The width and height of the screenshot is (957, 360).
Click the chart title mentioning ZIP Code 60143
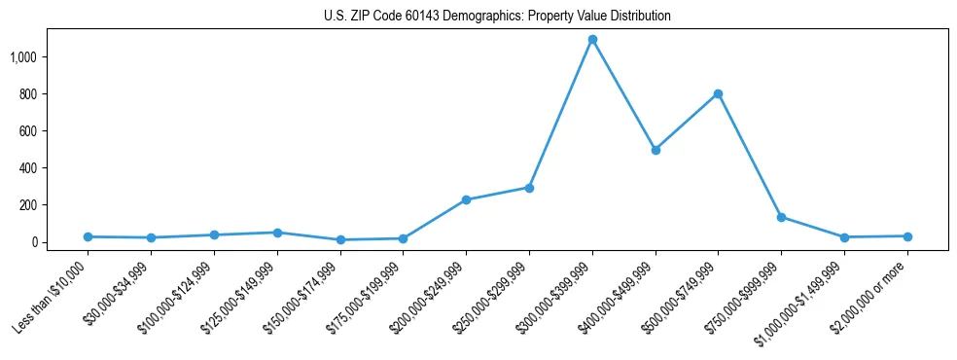pyautogui.click(x=497, y=17)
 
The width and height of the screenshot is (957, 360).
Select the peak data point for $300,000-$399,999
pyautogui.click(x=592, y=40)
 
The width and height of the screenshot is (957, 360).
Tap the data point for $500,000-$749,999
pyautogui.click(x=718, y=94)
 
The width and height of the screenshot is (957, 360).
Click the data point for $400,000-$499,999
pyautogui.click(x=656, y=150)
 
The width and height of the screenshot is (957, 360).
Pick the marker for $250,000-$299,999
pyautogui.click(x=529, y=188)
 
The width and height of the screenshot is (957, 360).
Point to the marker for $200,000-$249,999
pyautogui.click(x=466, y=199)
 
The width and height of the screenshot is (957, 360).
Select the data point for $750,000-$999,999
pyautogui.click(x=781, y=217)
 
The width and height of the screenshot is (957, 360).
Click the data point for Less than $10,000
pyautogui.click(x=88, y=236)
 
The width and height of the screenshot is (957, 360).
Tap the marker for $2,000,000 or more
pyautogui.click(x=907, y=236)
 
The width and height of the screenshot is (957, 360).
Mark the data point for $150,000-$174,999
pyautogui.click(x=340, y=239)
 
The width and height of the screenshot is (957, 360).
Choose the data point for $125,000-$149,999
pyautogui.click(x=277, y=233)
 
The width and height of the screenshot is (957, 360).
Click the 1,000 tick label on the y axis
pyautogui.click(x=23, y=57)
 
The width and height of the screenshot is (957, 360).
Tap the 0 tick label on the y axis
pyautogui.click(x=33, y=242)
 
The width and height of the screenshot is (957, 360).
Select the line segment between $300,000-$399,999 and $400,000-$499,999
pyautogui.click(x=623, y=95)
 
